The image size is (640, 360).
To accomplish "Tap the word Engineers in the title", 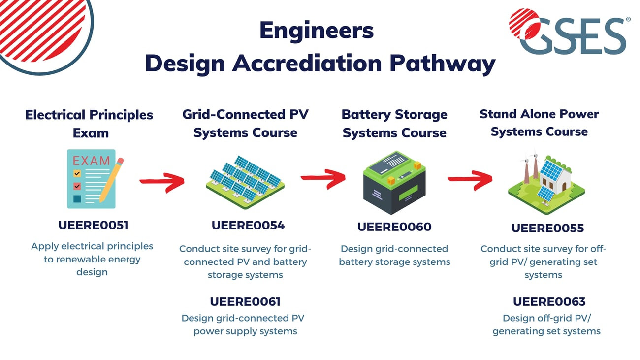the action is click(x=317, y=31).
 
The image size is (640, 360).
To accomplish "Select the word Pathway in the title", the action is click(x=443, y=64).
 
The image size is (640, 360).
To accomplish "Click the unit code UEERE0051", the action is click(x=93, y=225).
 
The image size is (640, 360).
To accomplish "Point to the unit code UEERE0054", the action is click(x=248, y=226).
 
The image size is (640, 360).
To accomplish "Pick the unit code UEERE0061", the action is click(x=245, y=302).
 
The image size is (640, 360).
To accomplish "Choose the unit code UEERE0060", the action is click(x=394, y=227).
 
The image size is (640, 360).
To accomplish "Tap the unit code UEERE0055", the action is click(x=547, y=229).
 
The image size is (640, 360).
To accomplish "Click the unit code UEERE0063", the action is click(x=549, y=302).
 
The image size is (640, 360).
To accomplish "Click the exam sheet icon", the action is click(x=92, y=179).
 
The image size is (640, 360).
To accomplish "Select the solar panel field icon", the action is click(x=245, y=182).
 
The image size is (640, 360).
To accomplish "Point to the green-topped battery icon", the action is click(x=394, y=183).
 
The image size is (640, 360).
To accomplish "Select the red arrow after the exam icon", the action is click(x=162, y=182).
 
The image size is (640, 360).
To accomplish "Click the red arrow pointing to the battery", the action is click(x=323, y=179).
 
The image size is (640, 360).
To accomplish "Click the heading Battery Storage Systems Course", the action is click(x=394, y=124).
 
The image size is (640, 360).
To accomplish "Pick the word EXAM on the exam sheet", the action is click(x=91, y=161).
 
